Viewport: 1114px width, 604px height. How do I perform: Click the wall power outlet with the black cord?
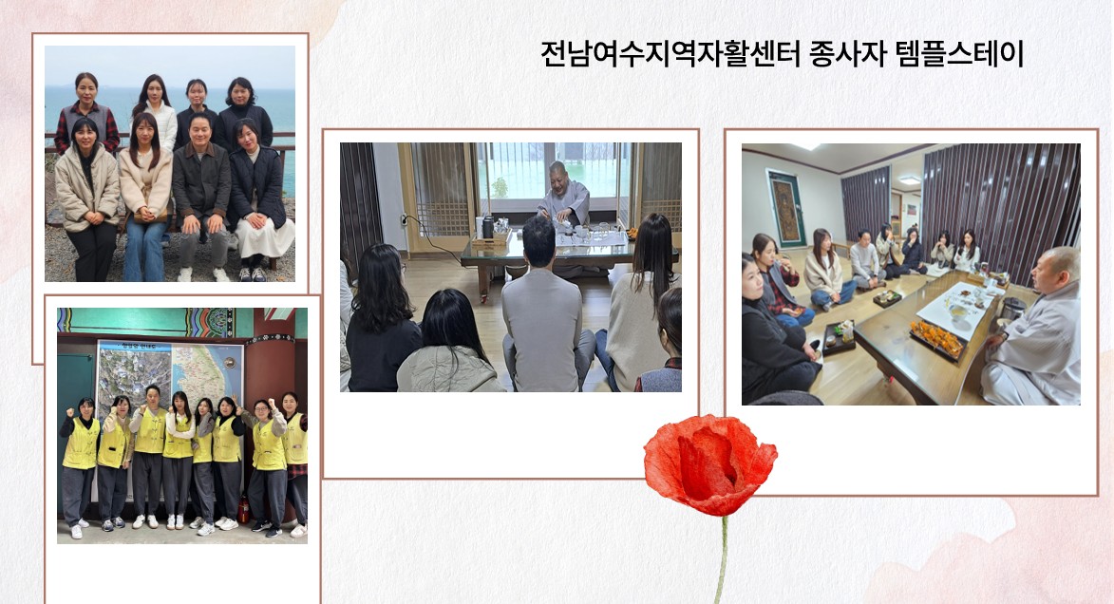click(x=404, y=219)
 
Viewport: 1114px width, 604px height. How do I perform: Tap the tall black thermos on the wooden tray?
click(x=487, y=227)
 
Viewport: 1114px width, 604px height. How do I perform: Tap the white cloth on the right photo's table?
click(x=956, y=309)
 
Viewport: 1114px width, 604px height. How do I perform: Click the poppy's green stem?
click(x=723, y=560)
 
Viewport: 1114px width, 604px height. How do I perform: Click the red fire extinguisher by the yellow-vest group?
click(x=243, y=510)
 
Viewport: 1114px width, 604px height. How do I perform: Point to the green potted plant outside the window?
click(x=500, y=187)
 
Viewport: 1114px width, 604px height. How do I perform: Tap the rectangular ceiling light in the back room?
click(x=910, y=180)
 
